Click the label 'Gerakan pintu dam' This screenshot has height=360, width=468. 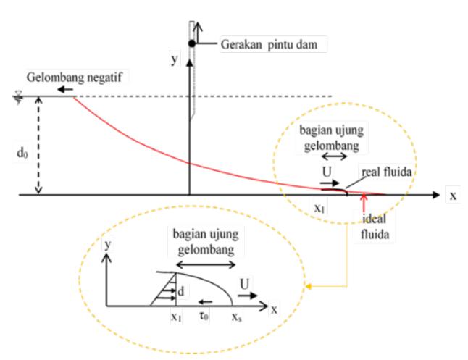point(269,44)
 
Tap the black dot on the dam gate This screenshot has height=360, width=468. point(192,43)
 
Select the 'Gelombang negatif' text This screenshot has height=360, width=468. point(75,78)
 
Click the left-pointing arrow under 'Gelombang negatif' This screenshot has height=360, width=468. point(65,89)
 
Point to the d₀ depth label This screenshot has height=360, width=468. point(22,153)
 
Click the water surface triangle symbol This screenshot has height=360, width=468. point(19,98)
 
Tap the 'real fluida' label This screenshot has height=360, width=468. point(387,172)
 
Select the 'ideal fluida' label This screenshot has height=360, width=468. point(375,227)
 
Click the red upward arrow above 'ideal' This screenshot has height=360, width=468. point(364,204)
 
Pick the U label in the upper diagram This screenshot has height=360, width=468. point(327,172)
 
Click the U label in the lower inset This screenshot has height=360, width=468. point(244,284)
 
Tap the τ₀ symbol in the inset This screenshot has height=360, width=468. point(204,316)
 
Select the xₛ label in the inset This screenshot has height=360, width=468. point(237,317)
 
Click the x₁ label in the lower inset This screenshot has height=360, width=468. point(176,317)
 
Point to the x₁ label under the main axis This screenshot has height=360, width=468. point(319,208)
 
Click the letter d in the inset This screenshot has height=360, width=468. point(181,291)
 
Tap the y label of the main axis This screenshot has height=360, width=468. point(175,58)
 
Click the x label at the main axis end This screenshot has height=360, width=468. point(453,196)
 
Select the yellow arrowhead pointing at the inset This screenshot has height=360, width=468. point(309,287)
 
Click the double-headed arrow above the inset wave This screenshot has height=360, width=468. point(206,264)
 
